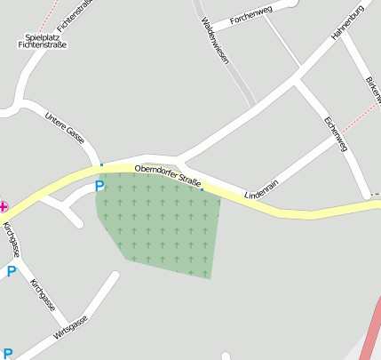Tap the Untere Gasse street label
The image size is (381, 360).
[x=65, y=127]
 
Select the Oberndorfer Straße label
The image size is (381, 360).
[x=167, y=174]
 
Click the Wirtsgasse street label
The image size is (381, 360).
[x=71, y=327]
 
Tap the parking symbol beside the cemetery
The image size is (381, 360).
[x=99, y=186]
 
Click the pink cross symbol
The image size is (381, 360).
[x=3, y=204]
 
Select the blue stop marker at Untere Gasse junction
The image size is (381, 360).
[x=102, y=164]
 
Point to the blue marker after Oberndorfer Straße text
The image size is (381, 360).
[x=202, y=189]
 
